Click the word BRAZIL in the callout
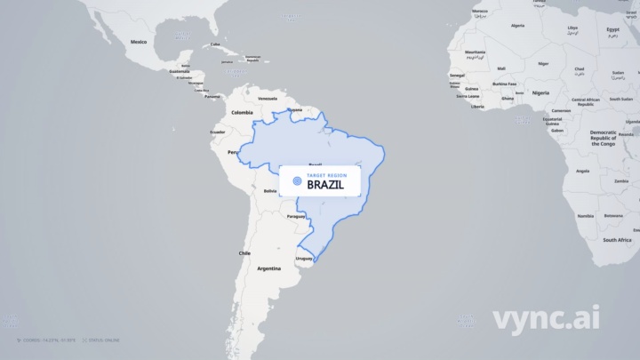[x=325, y=185]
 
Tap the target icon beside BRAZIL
[x=297, y=180]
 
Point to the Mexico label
[x=139, y=42]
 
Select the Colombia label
[x=242, y=113]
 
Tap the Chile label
[x=244, y=253]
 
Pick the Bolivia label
[x=271, y=190]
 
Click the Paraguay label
[x=296, y=216]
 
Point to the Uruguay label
[x=304, y=259]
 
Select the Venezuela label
[x=267, y=98]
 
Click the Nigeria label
[x=540, y=92]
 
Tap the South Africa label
[x=617, y=240]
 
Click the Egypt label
[x=613, y=29]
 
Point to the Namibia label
[x=585, y=216]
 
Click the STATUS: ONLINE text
[x=105, y=340]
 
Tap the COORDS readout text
[x=50, y=340]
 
